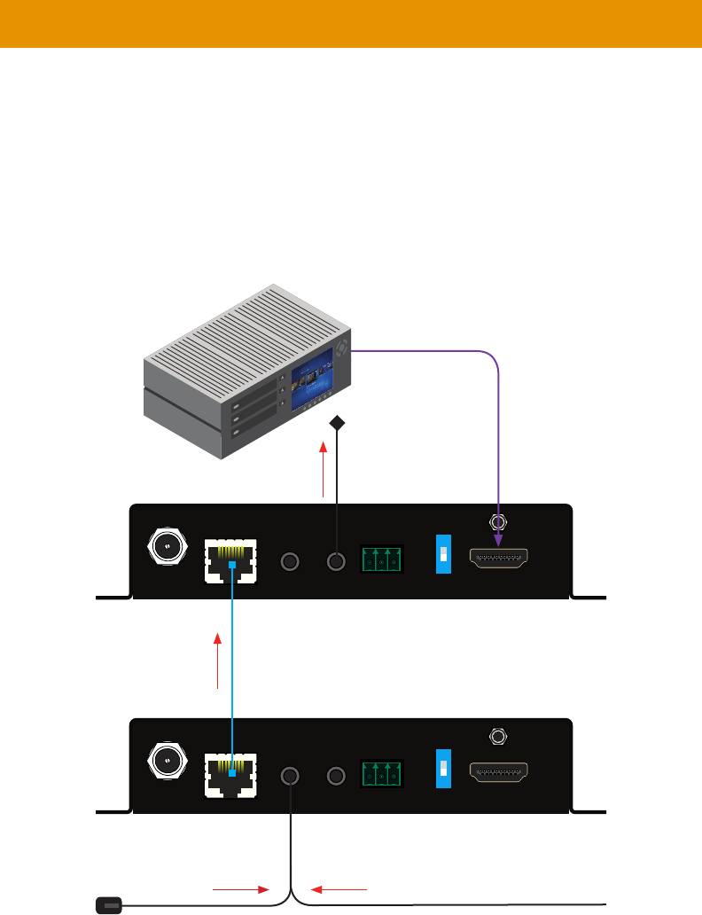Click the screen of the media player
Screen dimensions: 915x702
[x=311, y=382]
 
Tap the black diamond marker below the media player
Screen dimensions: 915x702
[x=337, y=424]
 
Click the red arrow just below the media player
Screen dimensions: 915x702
[x=324, y=470]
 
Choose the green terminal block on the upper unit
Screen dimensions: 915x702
[x=382, y=559]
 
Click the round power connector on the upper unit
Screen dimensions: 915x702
[x=167, y=545]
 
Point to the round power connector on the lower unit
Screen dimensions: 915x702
[x=167, y=761]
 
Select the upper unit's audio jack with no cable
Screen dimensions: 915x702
[x=290, y=561]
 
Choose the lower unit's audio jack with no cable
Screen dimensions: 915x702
[x=336, y=776]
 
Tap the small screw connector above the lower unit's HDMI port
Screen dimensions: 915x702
[x=498, y=737]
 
